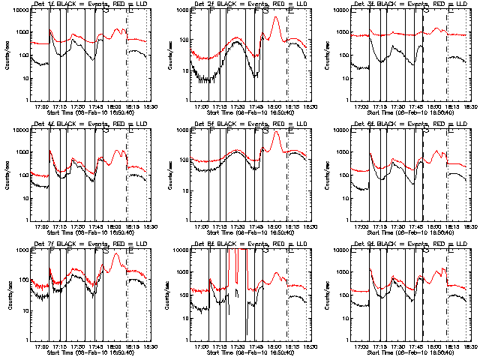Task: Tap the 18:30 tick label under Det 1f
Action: tap(151, 106)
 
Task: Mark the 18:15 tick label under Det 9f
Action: tap(453, 346)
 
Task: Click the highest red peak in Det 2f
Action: tap(276, 17)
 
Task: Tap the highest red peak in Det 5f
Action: tap(276, 133)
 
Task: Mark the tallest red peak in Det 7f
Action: tap(115, 255)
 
